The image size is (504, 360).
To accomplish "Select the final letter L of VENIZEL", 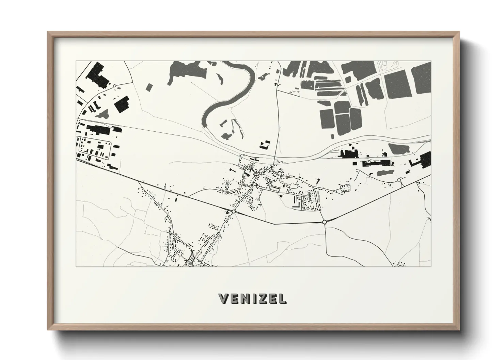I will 282,298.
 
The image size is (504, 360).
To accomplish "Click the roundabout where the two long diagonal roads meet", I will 324,222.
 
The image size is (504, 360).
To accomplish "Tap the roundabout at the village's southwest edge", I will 234,212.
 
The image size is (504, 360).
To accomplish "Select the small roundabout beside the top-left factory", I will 115,86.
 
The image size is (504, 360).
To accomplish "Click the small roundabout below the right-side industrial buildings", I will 399,180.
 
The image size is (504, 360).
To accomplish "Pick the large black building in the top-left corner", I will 98,75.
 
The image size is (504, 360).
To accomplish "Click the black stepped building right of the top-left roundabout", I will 122,104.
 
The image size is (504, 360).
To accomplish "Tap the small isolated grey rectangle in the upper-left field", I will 148,87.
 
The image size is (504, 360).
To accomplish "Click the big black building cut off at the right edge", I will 425,159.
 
